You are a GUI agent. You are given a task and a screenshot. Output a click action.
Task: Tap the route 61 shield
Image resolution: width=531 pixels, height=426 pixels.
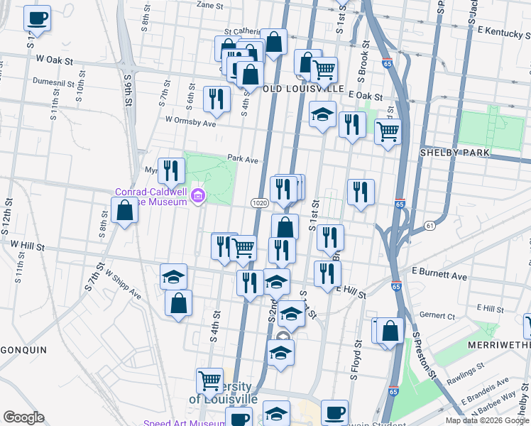tap(430, 225)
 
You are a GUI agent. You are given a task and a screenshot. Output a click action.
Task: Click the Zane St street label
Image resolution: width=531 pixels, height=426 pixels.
tap(209, 5)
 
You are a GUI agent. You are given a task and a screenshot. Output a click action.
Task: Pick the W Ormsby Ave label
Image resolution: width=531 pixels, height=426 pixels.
tap(190, 123)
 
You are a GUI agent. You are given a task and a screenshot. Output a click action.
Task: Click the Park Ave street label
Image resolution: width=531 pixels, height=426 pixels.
tap(242, 159)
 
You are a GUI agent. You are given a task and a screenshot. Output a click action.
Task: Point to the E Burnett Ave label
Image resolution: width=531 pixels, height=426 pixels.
tap(440, 275)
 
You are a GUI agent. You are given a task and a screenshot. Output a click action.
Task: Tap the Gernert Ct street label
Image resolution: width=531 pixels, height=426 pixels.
tap(437, 315)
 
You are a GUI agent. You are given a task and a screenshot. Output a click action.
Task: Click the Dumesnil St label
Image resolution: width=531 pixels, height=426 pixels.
tap(53, 83)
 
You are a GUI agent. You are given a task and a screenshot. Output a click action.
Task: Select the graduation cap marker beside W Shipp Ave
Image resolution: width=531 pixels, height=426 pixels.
tap(173, 277)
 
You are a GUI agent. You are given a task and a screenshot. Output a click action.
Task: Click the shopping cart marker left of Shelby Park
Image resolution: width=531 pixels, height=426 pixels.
tap(388, 131)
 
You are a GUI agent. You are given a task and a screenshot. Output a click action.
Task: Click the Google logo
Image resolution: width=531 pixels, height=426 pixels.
tap(23, 417)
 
